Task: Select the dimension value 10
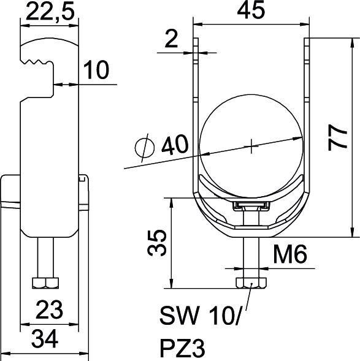click(95, 70)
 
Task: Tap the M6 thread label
click(291, 254)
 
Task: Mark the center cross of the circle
click(251, 146)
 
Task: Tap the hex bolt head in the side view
click(45, 283)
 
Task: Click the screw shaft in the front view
click(250, 257)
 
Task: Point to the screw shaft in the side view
click(45, 257)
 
